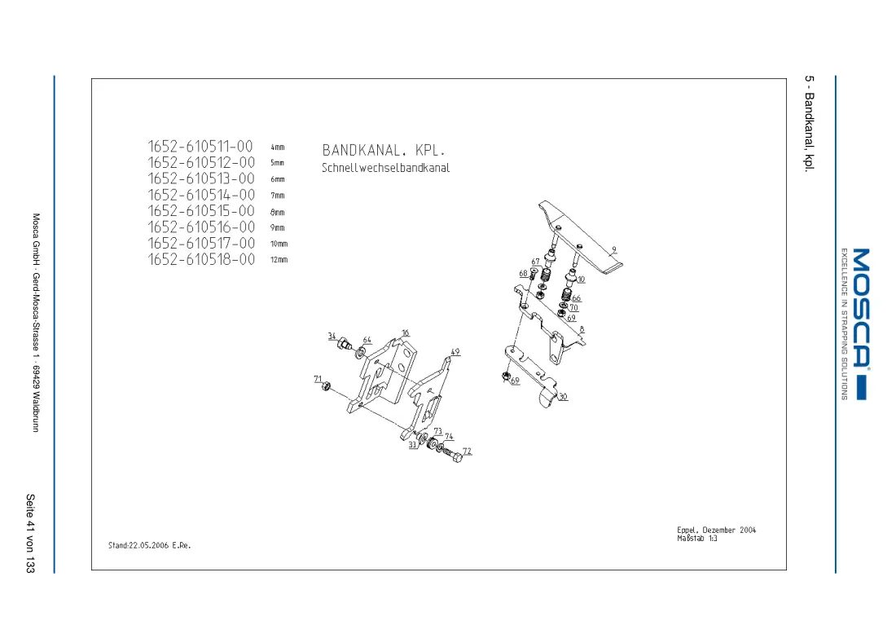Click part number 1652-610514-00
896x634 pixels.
pos(201,195)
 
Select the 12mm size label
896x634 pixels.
pos(279,259)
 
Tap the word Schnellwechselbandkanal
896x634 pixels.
pos(386,168)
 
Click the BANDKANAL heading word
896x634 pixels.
pos(361,151)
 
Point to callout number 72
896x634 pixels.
pos(468,451)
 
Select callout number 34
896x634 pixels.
pos(332,337)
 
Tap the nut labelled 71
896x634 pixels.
pos(327,387)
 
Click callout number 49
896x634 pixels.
pos(455,352)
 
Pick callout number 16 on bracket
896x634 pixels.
pos(405,332)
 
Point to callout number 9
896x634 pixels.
pos(614,249)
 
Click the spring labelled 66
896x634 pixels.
pos(566,295)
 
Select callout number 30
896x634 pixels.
pos(564,396)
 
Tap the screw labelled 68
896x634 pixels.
pos(533,275)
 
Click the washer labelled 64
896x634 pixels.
pos(361,351)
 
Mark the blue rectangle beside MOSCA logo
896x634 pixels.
pos(862,388)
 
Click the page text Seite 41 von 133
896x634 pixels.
pos(30,534)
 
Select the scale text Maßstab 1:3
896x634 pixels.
pos(697,539)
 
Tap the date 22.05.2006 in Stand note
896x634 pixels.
pos(149,545)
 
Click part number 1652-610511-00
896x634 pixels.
pos(200,147)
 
